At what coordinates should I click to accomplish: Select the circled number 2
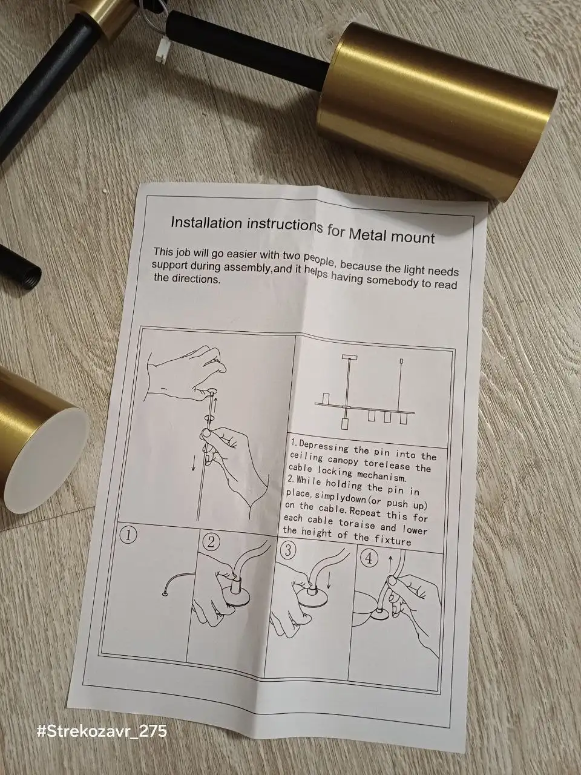(211, 542)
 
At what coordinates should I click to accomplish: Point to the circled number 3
(288, 550)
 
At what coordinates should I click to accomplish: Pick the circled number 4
(369, 559)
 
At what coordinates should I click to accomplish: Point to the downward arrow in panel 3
(329, 580)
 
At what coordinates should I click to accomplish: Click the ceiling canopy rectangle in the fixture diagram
(349, 357)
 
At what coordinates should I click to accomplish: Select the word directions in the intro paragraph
(197, 279)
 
